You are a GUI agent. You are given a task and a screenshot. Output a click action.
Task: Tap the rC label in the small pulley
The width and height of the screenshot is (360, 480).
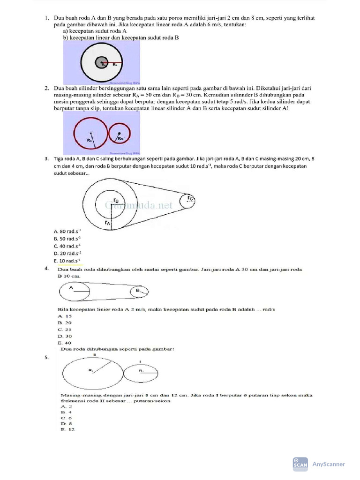coord(190,199)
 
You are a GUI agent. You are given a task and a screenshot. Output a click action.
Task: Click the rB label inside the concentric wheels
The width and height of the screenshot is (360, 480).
coord(116,200)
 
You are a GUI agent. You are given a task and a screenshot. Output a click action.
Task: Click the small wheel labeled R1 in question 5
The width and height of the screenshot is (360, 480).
coord(141,371)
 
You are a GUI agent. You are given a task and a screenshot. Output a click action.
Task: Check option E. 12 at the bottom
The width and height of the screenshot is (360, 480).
coord(67,429)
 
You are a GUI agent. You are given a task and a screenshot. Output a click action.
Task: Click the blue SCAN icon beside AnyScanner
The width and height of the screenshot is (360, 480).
coord(300,464)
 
